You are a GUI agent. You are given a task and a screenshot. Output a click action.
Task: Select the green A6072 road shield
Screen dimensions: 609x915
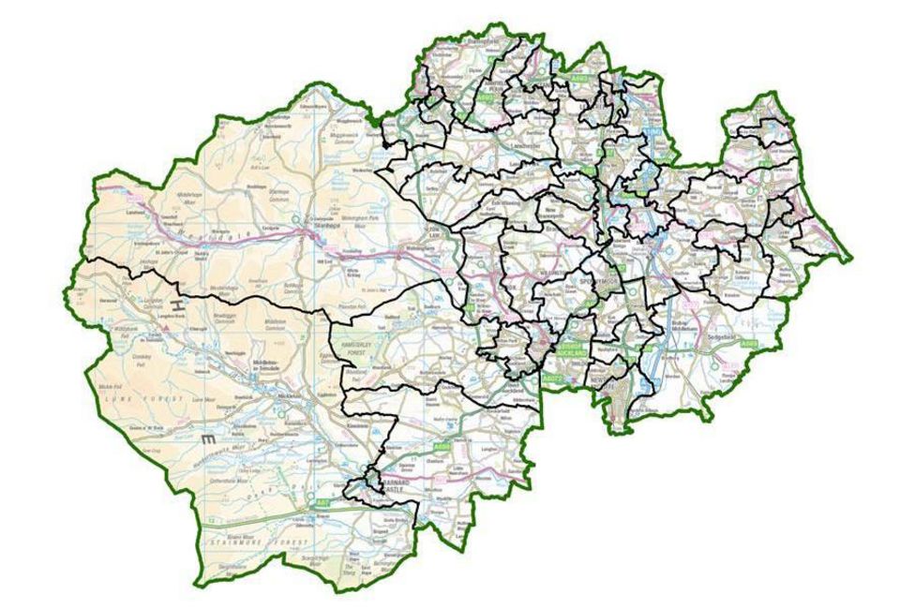point(552,379)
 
